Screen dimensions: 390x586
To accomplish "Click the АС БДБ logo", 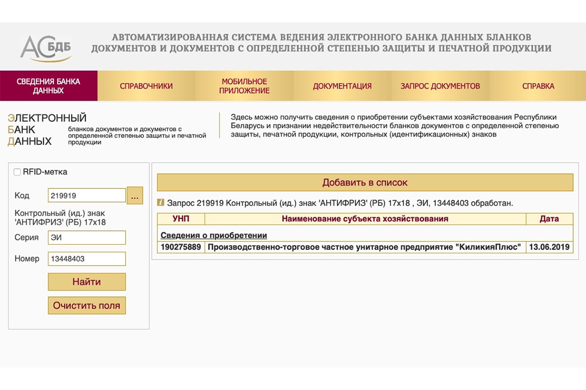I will click(x=46, y=48).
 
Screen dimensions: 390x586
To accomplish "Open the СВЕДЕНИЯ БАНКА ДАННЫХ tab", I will click(x=48, y=86).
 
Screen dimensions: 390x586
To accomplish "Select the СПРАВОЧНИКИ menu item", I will click(x=146, y=86).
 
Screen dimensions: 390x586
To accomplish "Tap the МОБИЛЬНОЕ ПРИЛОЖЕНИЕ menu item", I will click(x=245, y=86).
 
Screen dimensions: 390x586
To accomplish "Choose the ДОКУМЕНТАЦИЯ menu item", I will click(x=342, y=86).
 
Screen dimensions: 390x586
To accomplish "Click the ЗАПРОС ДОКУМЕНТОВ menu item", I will click(x=440, y=86).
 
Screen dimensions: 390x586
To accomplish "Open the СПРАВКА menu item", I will click(x=538, y=86).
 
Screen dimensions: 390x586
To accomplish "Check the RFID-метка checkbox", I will click(x=18, y=172).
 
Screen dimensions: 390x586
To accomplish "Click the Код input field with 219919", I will click(x=86, y=195).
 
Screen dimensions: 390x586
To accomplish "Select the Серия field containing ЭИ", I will click(x=86, y=237).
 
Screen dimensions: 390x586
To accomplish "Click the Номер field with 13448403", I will click(x=86, y=259).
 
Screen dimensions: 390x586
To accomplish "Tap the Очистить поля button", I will click(x=87, y=305).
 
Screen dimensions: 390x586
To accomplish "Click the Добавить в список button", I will click(x=365, y=182).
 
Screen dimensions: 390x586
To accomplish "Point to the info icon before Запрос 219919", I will click(x=161, y=202).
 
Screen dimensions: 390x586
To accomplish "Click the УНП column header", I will click(x=181, y=219).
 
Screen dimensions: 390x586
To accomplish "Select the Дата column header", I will click(x=549, y=219).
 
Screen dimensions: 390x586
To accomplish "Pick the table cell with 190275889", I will click(x=181, y=247).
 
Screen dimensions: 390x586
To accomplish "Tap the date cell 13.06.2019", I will click(x=549, y=247).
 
